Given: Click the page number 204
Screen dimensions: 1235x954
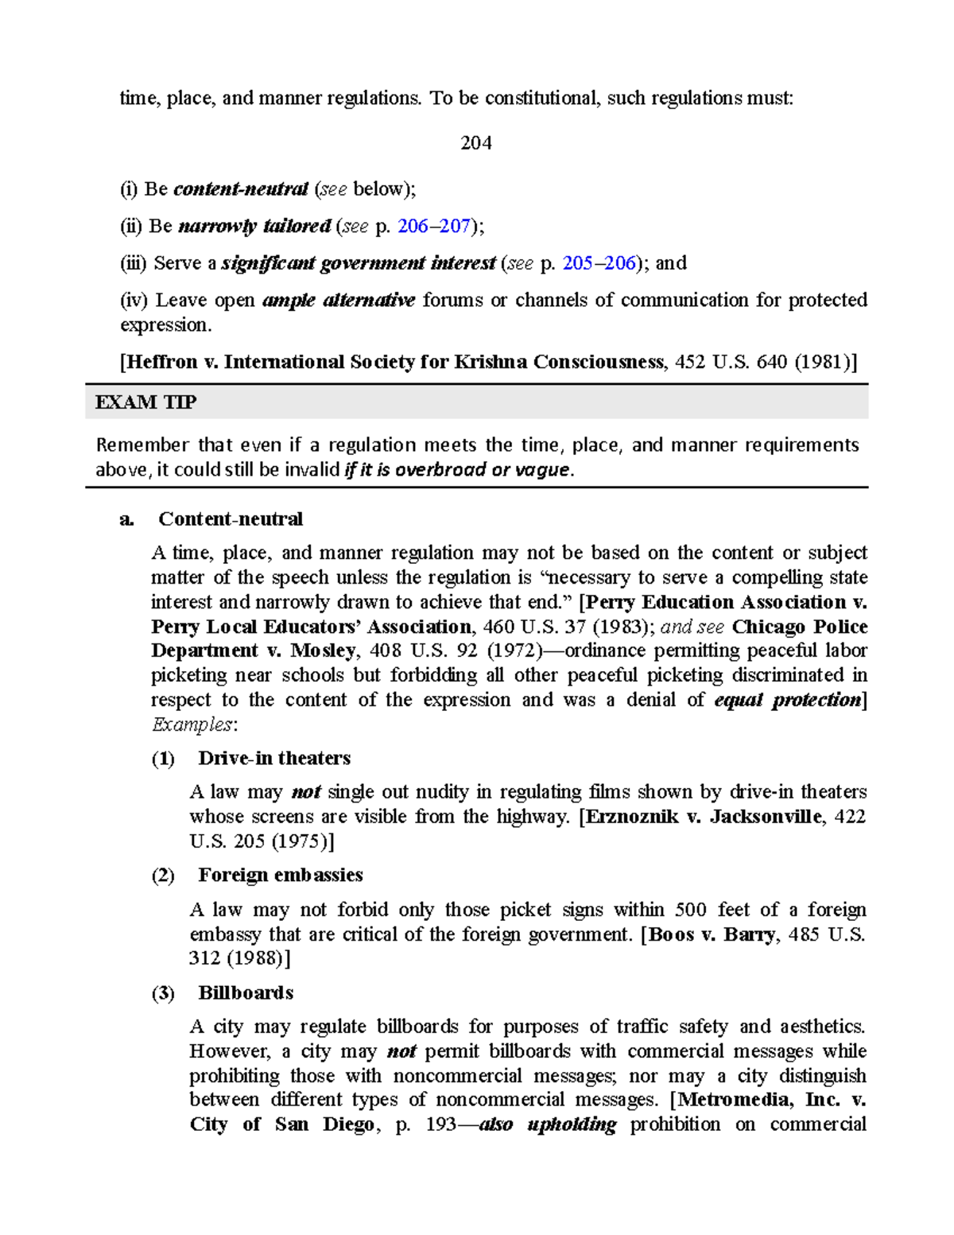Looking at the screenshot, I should tap(476, 143).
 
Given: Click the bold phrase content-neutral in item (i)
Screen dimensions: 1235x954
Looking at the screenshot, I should tap(240, 189).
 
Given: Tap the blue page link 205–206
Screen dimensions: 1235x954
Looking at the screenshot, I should tap(599, 263).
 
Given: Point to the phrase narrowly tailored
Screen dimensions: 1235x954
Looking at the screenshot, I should tap(254, 227).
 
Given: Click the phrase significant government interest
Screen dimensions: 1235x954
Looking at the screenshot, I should tap(358, 263).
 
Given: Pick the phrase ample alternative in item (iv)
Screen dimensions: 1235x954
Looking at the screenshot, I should tap(339, 301).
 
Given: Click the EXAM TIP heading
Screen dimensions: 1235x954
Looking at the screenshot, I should tap(145, 402).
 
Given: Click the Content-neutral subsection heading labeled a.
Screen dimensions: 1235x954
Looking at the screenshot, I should tap(230, 519).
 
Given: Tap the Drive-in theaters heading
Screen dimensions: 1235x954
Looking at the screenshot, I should tap(274, 759).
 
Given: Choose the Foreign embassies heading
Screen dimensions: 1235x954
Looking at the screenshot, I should tap(281, 876).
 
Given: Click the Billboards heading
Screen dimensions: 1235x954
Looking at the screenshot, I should tap(246, 993).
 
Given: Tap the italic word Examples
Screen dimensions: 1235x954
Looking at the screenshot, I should tap(192, 725).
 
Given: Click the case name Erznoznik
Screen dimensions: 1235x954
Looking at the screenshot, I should tap(628, 817).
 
